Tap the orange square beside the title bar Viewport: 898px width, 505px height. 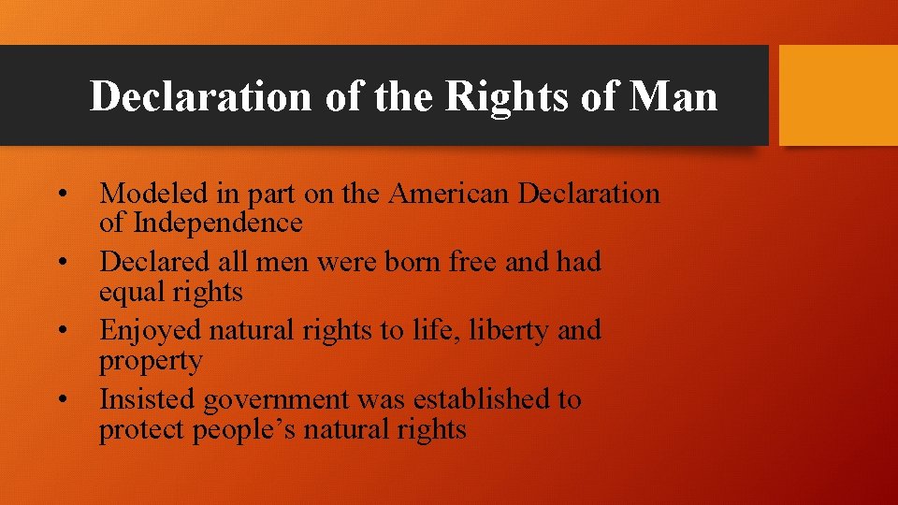(838, 95)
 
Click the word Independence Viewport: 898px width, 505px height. (217, 224)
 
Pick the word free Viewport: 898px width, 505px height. (476, 262)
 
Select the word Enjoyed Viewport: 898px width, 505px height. (151, 331)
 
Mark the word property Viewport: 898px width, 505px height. (151, 361)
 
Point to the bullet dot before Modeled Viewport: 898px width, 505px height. (63, 195)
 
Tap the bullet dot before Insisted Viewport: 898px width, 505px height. (63, 400)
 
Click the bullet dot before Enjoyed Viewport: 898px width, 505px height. (63, 331)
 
